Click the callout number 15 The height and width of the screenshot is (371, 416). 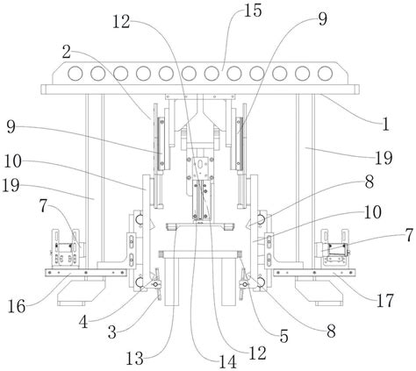tap(253, 11)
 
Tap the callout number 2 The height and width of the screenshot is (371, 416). tap(67, 53)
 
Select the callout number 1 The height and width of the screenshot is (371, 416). tap(385, 124)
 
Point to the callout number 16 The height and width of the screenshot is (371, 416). tap(17, 307)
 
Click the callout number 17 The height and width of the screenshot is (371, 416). tap(384, 301)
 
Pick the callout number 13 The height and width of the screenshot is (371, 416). tap(134, 359)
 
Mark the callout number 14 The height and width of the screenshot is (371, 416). tap(227, 362)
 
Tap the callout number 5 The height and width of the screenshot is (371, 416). tap(283, 336)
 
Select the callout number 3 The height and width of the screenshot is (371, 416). tap(112, 332)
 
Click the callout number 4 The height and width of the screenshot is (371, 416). tap(83, 323)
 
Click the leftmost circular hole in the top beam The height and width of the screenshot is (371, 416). tap(75, 74)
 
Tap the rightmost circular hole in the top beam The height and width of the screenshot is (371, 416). tap(325, 74)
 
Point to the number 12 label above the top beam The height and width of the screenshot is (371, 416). tap(121, 22)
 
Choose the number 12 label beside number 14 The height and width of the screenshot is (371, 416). tap(257, 353)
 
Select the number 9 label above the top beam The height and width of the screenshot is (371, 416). tap(322, 19)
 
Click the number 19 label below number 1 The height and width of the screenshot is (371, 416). tap(384, 158)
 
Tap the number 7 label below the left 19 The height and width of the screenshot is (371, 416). tap(43, 206)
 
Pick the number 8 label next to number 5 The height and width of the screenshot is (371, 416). tap(331, 332)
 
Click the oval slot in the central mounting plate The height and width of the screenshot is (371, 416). tap(201, 165)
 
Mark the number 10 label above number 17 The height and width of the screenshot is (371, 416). tap(373, 212)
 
